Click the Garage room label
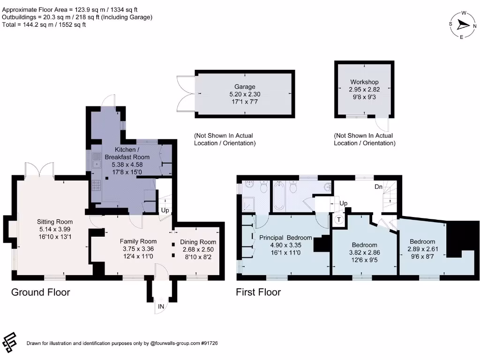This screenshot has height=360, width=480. point(245,87)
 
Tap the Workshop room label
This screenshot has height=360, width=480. point(364,82)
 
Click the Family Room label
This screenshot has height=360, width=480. point(138,241)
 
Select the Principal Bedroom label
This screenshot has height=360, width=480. point(285,238)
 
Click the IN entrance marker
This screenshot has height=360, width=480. point(161,307)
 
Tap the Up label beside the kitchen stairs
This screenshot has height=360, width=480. point(165,210)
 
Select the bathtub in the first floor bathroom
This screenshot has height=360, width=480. point(278,196)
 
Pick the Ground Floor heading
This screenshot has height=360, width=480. point(40,292)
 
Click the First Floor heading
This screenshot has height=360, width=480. point(258,292)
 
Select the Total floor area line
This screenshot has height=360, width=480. point(44,25)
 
